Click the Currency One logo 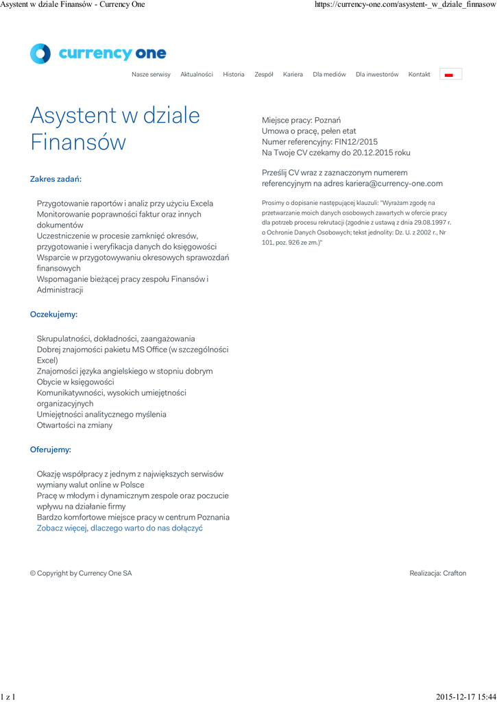point(98,53)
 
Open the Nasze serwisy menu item point(151,75)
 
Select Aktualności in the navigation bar point(197,75)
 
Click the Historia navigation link point(234,75)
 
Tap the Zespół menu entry point(264,75)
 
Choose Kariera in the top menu point(293,75)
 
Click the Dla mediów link point(329,75)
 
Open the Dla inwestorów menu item point(377,75)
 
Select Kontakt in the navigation point(420,75)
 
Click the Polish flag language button point(450,75)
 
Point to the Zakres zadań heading point(56,179)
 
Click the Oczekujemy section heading point(53,315)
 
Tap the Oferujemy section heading point(51,450)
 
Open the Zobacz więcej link point(119,529)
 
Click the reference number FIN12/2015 point(356,142)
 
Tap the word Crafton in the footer point(454,573)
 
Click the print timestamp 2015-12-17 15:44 point(465,697)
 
